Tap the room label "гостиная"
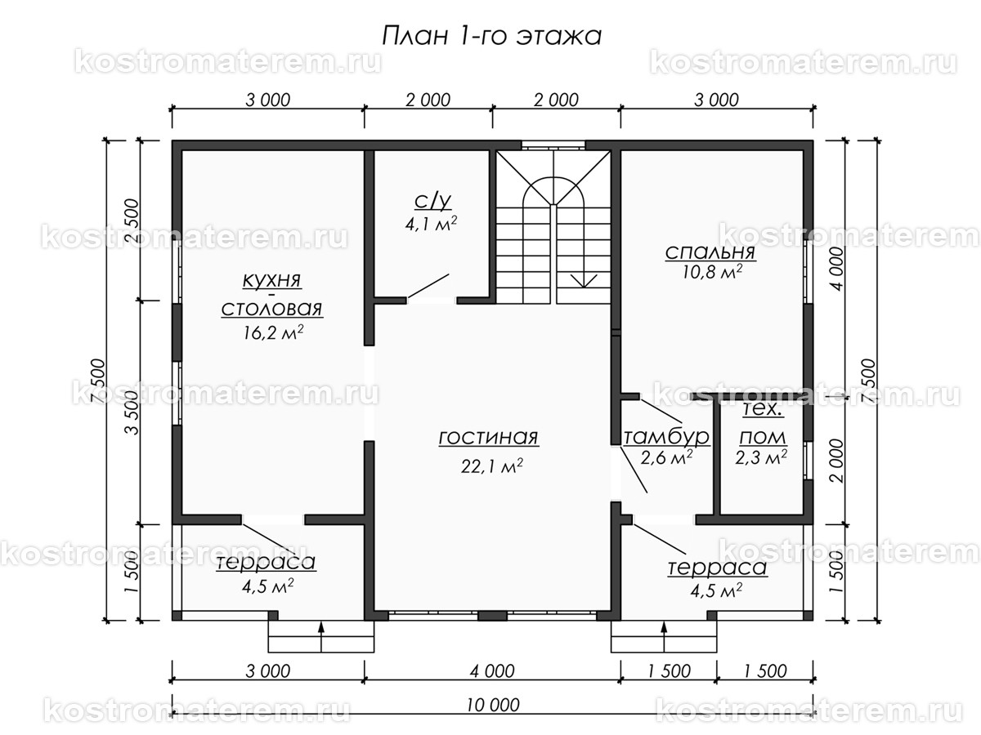(488, 438)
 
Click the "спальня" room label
(710, 252)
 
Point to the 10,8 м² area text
(710, 274)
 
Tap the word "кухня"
(271, 280)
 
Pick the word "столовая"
(271, 310)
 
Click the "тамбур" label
(666, 437)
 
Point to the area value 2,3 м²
(760, 457)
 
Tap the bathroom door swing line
(428, 287)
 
